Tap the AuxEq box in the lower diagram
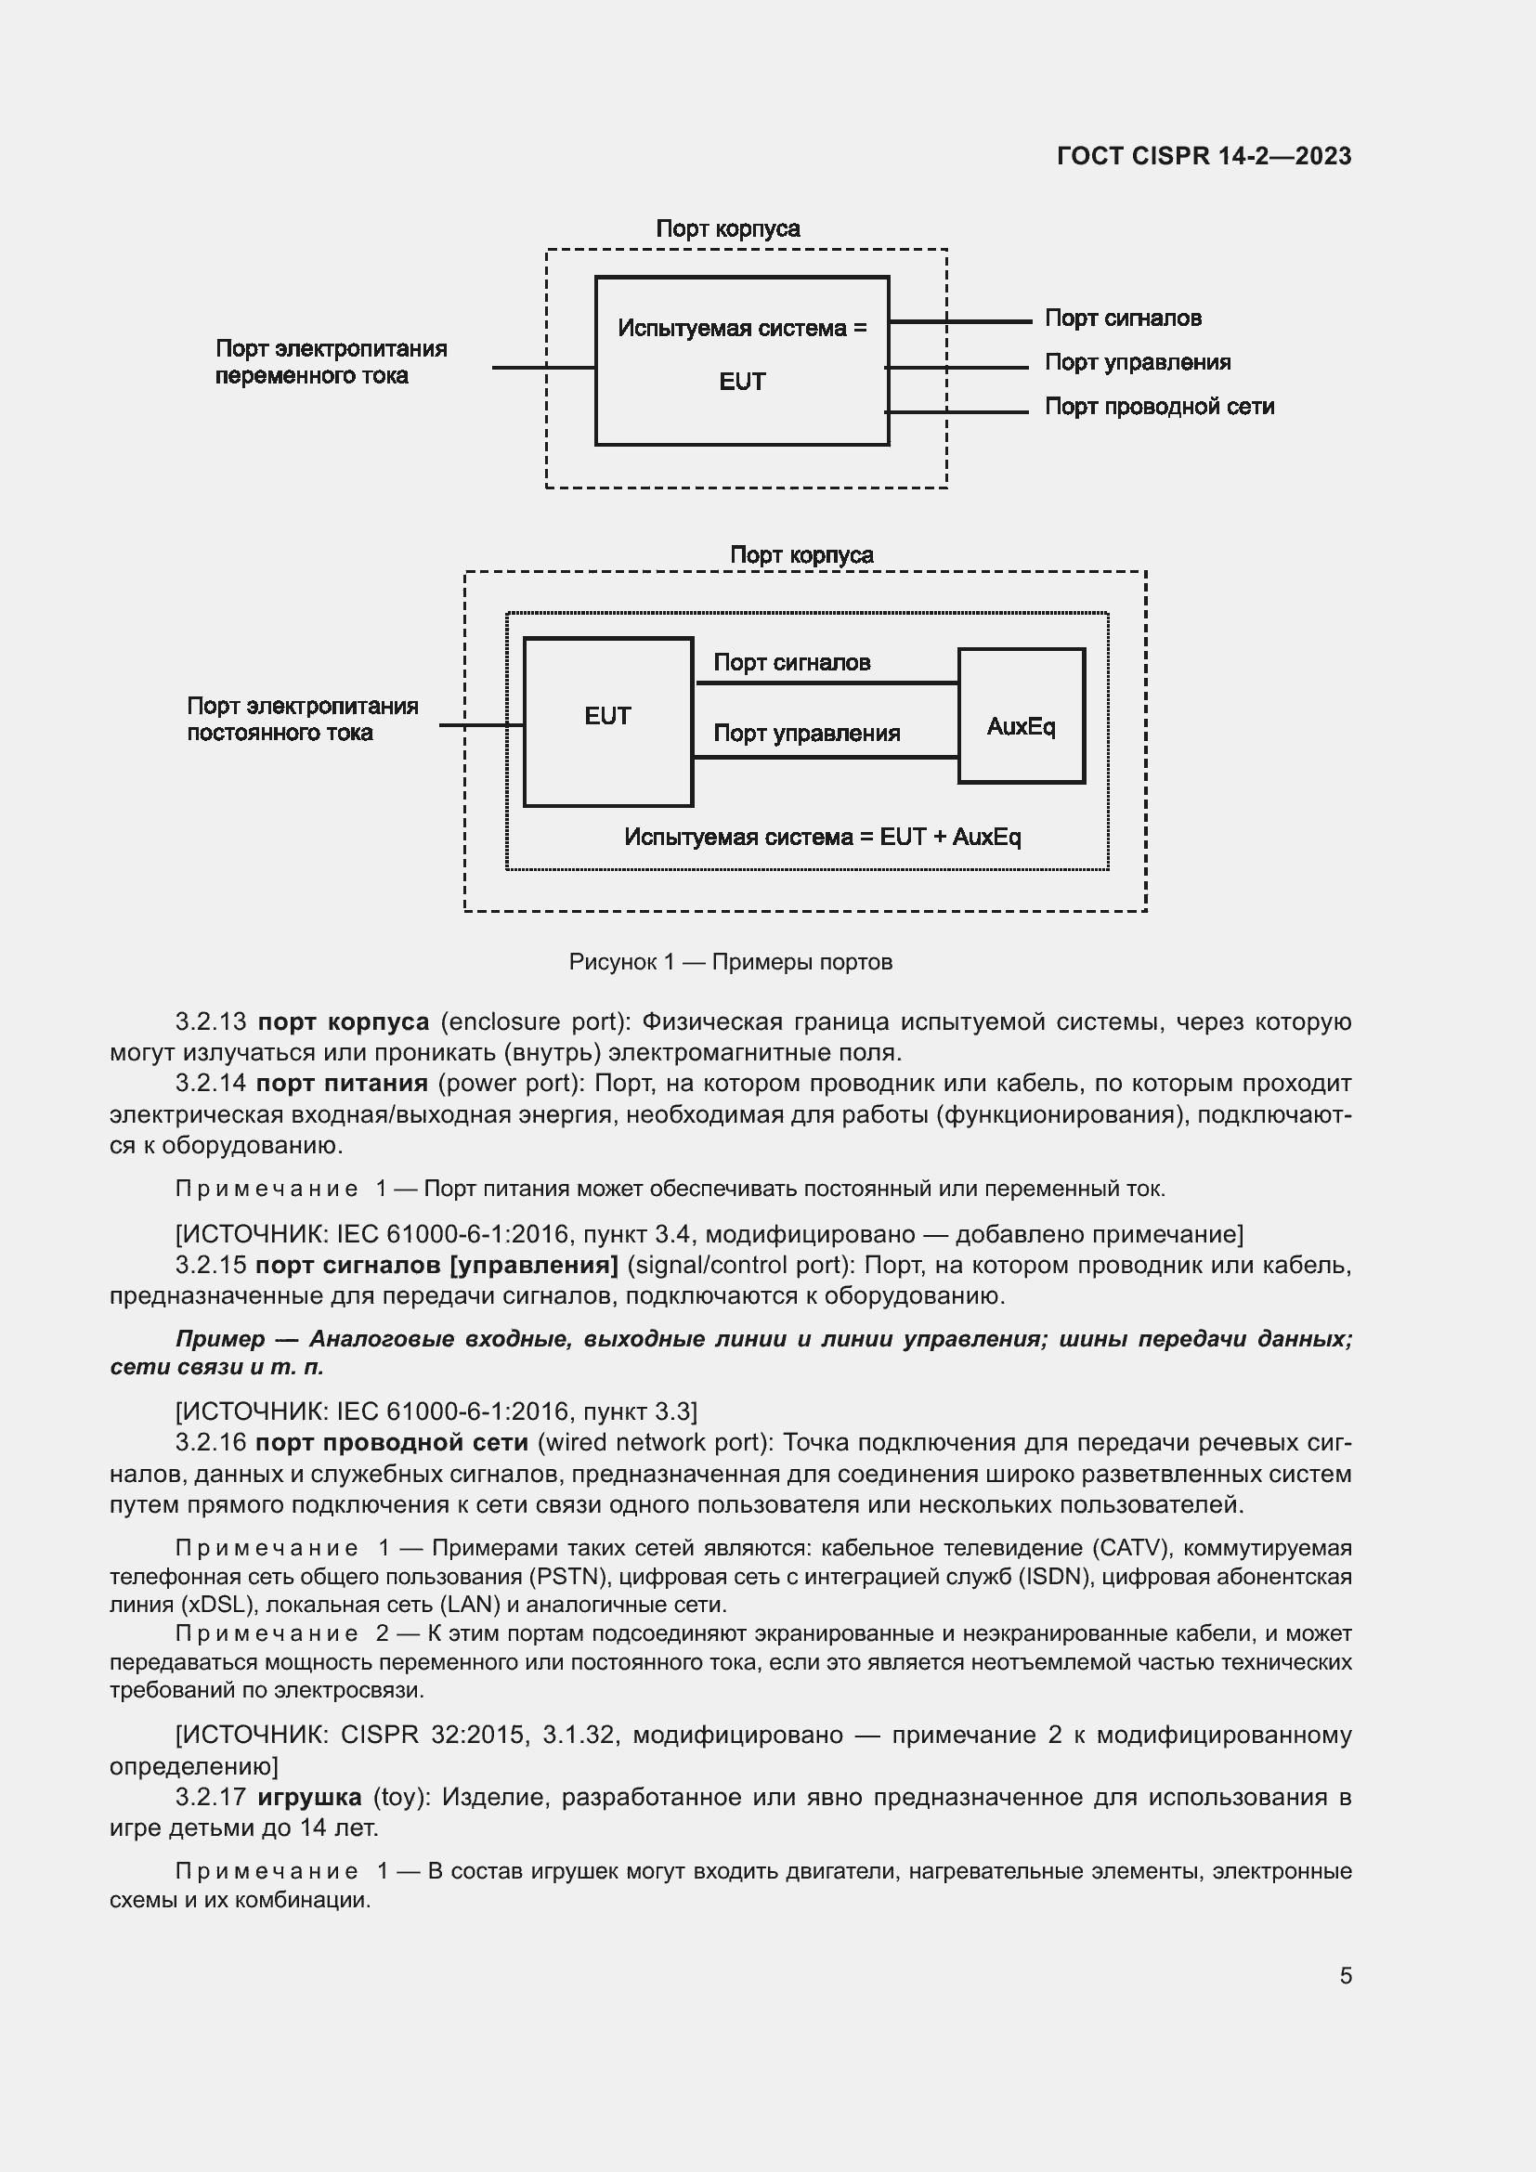click(1021, 716)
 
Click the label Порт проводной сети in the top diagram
click(1159, 407)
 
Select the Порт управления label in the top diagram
click(1137, 362)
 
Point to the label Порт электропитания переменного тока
click(330, 362)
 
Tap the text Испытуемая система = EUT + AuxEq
click(822, 838)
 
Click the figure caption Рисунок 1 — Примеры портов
click(730, 962)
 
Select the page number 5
click(1345, 1975)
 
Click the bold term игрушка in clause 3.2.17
click(309, 1797)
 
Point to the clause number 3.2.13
click(210, 1021)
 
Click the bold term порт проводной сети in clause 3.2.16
click(392, 1442)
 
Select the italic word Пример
click(220, 1339)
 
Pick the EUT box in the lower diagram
click(607, 722)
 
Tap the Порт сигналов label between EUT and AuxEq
click(790, 662)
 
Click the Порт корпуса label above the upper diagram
click(727, 229)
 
